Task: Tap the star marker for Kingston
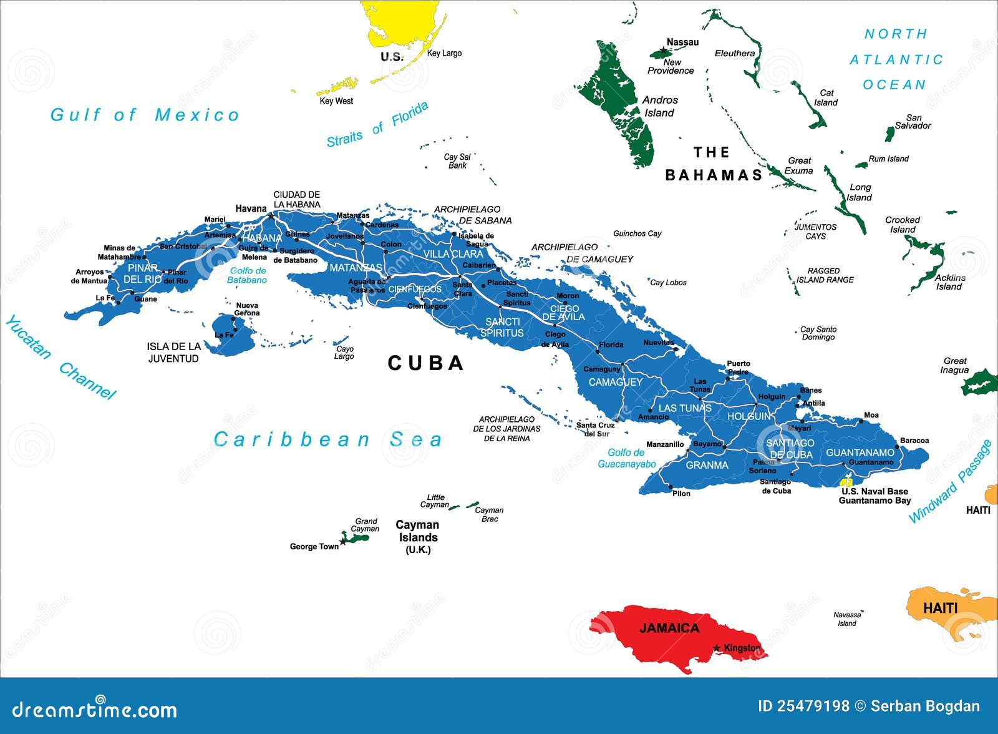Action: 717,648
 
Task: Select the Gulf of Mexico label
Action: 145,115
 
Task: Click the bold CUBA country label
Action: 425,363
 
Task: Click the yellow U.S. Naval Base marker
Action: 846,482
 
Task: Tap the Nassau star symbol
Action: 662,49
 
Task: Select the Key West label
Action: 336,101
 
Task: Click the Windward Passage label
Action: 950,481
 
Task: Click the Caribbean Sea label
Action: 327,439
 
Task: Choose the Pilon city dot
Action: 671,486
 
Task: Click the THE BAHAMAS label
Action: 714,164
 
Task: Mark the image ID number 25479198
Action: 813,706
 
